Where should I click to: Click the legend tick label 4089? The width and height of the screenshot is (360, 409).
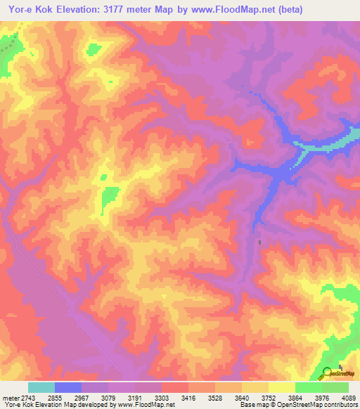coord(347,398)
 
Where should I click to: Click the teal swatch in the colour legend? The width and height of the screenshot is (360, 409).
coord(41,387)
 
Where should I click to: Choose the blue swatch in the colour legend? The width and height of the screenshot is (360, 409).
coord(68,387)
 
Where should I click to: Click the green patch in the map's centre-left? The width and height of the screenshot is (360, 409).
coord(109,198)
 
